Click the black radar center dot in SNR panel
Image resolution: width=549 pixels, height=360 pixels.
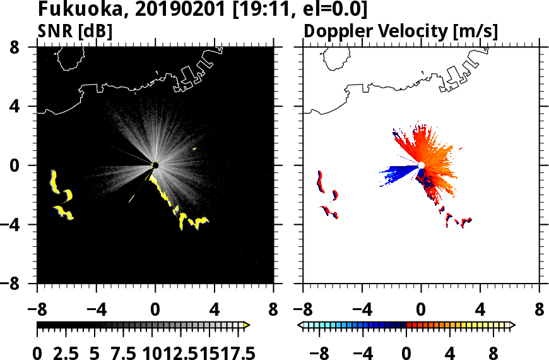point(155,165)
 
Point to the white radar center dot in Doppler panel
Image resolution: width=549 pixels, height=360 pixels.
point(421,165)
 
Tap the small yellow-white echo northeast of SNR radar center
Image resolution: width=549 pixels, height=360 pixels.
point(194,149)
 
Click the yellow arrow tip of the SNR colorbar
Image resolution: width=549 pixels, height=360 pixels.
point(247,325)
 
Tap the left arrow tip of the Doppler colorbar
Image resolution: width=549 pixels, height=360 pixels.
point(300,325)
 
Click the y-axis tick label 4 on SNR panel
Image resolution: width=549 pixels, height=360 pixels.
point(28,106)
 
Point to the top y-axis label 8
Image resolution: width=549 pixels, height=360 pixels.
point(28,47)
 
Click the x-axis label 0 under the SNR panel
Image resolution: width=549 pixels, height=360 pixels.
point(155,311)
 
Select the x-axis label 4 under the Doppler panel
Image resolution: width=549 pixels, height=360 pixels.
point(480,311)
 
